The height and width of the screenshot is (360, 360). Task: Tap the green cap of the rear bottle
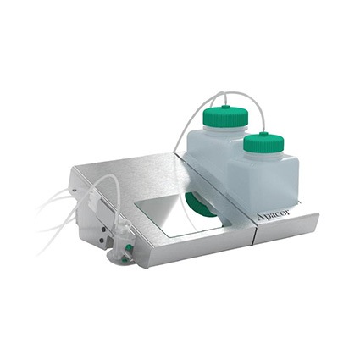point(225,117)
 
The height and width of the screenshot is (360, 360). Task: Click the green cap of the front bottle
point(263,142)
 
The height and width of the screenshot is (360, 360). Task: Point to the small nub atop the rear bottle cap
point(224,107)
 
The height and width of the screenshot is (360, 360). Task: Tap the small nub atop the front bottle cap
point(263,133)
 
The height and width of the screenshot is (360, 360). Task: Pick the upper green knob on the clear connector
point(129,247)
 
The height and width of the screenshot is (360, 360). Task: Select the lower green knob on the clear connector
point(124,259)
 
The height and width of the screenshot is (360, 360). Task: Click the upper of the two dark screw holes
point(103,230)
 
